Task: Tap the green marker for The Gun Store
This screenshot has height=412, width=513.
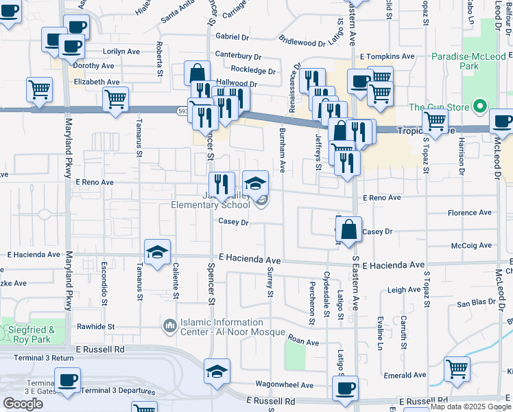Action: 480,107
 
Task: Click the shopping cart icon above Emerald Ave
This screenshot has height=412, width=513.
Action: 457,369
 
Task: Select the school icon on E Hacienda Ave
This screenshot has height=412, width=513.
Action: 157,251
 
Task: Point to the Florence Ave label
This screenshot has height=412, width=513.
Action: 470,213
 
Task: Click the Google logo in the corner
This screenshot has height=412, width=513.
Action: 23,404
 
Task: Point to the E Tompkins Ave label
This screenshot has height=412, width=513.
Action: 387,56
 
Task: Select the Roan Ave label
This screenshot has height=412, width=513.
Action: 304,341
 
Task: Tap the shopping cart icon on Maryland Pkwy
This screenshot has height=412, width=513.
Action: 40,89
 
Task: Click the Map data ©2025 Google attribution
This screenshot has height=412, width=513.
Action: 470,407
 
